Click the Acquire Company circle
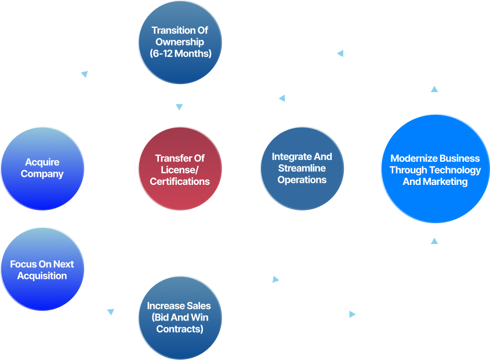tap(42, 168)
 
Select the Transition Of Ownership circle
tap(179, 42)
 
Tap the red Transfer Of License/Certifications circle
tap(180, 169)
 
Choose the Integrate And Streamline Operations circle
tap(302, 168)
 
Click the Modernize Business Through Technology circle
tap(435, 169)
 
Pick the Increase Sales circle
tap(179, 318)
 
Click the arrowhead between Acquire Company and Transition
tap(85, 74)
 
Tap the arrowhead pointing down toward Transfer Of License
tap(179, 107)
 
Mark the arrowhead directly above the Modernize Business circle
tap(435, 89)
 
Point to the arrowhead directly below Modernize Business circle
tap(435, 239)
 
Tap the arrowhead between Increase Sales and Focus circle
tap(110, 312)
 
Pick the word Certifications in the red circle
tap(180, 181)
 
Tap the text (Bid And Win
tap(179, 318)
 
